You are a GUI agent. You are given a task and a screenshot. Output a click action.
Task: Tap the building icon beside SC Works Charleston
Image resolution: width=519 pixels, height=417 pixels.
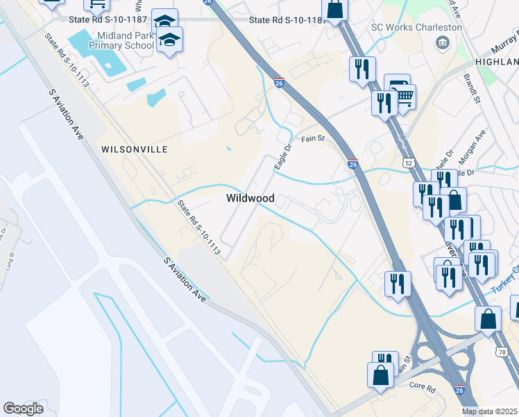coord(441,44)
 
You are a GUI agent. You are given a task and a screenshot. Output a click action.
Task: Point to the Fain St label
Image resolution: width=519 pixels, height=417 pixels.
coord(312,139)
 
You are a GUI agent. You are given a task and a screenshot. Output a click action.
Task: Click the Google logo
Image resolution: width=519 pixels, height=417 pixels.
coord(23,409)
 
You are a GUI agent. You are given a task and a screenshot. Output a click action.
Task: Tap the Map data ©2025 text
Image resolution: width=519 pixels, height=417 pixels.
coord(490,411)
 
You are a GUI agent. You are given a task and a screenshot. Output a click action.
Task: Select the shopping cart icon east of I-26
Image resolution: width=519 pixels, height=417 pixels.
coord(405,97)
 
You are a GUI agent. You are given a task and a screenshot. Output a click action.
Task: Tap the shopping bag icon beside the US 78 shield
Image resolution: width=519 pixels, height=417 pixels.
coord(488,319)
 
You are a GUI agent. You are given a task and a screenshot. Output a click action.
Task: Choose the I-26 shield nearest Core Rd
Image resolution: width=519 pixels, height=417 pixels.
coord(459,391)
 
